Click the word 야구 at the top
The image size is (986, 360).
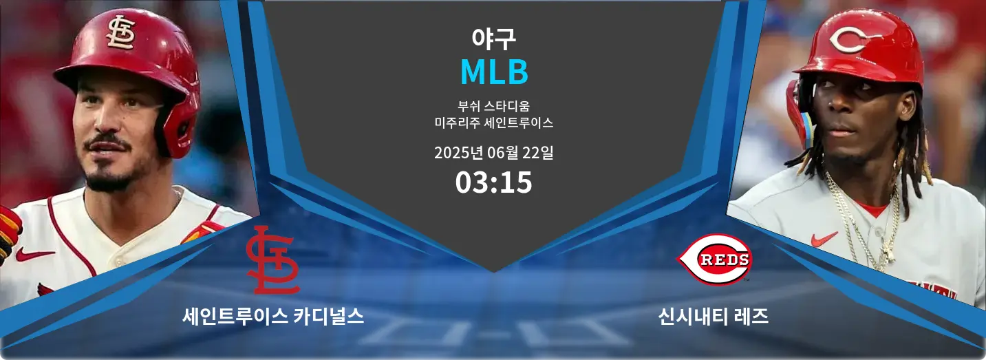pos(493,39)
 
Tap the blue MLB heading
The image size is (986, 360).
pos(493,72)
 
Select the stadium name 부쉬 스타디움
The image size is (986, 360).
pos(493,107)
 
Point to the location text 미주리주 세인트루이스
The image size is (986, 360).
pos(493,123)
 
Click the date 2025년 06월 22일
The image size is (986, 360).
pos(493,153)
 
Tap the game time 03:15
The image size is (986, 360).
pos(493,182)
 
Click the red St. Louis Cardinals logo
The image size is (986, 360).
pos(272,260)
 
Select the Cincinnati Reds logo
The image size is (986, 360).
pos(715,260)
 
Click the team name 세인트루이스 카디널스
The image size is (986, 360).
pos(273,317)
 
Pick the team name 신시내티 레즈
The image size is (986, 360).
pos(714,317)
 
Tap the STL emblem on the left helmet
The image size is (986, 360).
pos(121,32)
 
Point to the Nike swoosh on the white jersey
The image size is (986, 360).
pos(34,255)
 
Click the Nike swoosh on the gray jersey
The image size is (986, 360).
pos(824,239)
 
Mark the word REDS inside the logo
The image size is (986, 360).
pos(715,260)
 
